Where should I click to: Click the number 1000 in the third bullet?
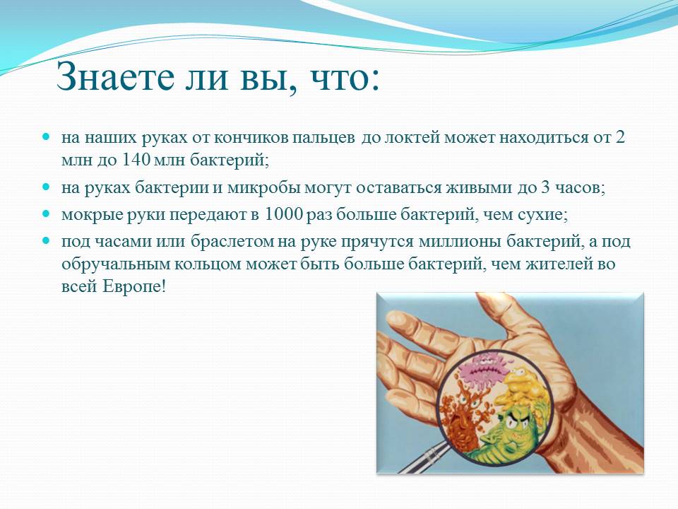282,213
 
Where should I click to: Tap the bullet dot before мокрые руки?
47,213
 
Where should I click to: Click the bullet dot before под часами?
47,239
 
